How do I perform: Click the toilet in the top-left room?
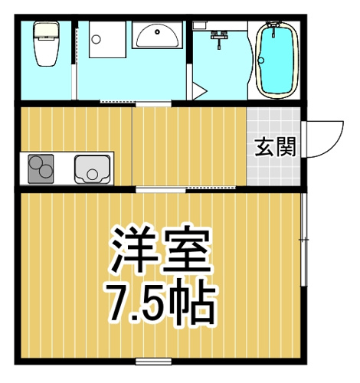click(x=46, y=44)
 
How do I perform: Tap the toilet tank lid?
click(x=47, y=30)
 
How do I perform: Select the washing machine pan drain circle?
click(x=97, y=39)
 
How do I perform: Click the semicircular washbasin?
click(x=157, y=35)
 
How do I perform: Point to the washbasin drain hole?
click(x=158, y=32)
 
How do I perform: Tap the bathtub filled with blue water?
click(x=277, y=61)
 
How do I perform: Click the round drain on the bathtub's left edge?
click(x=261, y=61)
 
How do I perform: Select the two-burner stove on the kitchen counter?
click(x=41, y=169)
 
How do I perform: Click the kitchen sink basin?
click(x=93, y=169)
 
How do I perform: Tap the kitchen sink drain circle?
click(x=92, y=175)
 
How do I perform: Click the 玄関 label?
click(x=276, y=147)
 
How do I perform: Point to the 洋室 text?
click(x=160, y=250)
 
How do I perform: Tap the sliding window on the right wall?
click(x=303, y=240)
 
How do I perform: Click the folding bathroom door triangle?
click(x=200, y=91)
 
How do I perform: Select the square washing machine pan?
click(x=107, y=39)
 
